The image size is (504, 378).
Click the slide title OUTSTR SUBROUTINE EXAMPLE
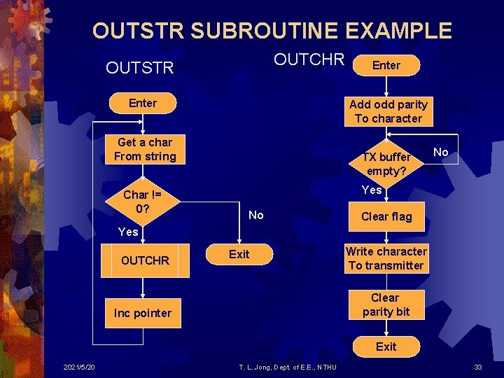pyautogui.click(x=272, y=31)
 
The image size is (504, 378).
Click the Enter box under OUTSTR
pyautogui.click(x=143, y=103)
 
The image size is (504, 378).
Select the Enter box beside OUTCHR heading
pyautogui.click(x=386, y=65)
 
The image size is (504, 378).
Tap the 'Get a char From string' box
pyautogui.click(x=145, y=149)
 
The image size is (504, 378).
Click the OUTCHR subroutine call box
pyautogui.click(x=145, y=260)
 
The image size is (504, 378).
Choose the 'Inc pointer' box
pyautogui.click(x=143, y=313)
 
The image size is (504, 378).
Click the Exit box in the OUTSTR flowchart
pyautogui.click(x=239, y=254)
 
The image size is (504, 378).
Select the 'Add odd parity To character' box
pyautogui.click(x=388, y=111)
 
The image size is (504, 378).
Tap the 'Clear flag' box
pyautogui.click(x=386, y=216)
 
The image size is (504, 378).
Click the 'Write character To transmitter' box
pyautogui.click(x=386, y=258)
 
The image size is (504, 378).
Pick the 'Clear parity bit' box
pyautogui.click(x=386, y=305)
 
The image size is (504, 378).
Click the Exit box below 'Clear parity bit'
pyautogui.click(x=386, y=346)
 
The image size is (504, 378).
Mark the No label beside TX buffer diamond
pyautogui.click(x=441, y=152)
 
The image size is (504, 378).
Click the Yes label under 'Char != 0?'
pyautogui.click(x=128, y=232)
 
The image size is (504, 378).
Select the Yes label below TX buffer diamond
pyautogui.click(x=372, y=190)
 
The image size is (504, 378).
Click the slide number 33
pyautogui.click(x=478, y=367)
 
